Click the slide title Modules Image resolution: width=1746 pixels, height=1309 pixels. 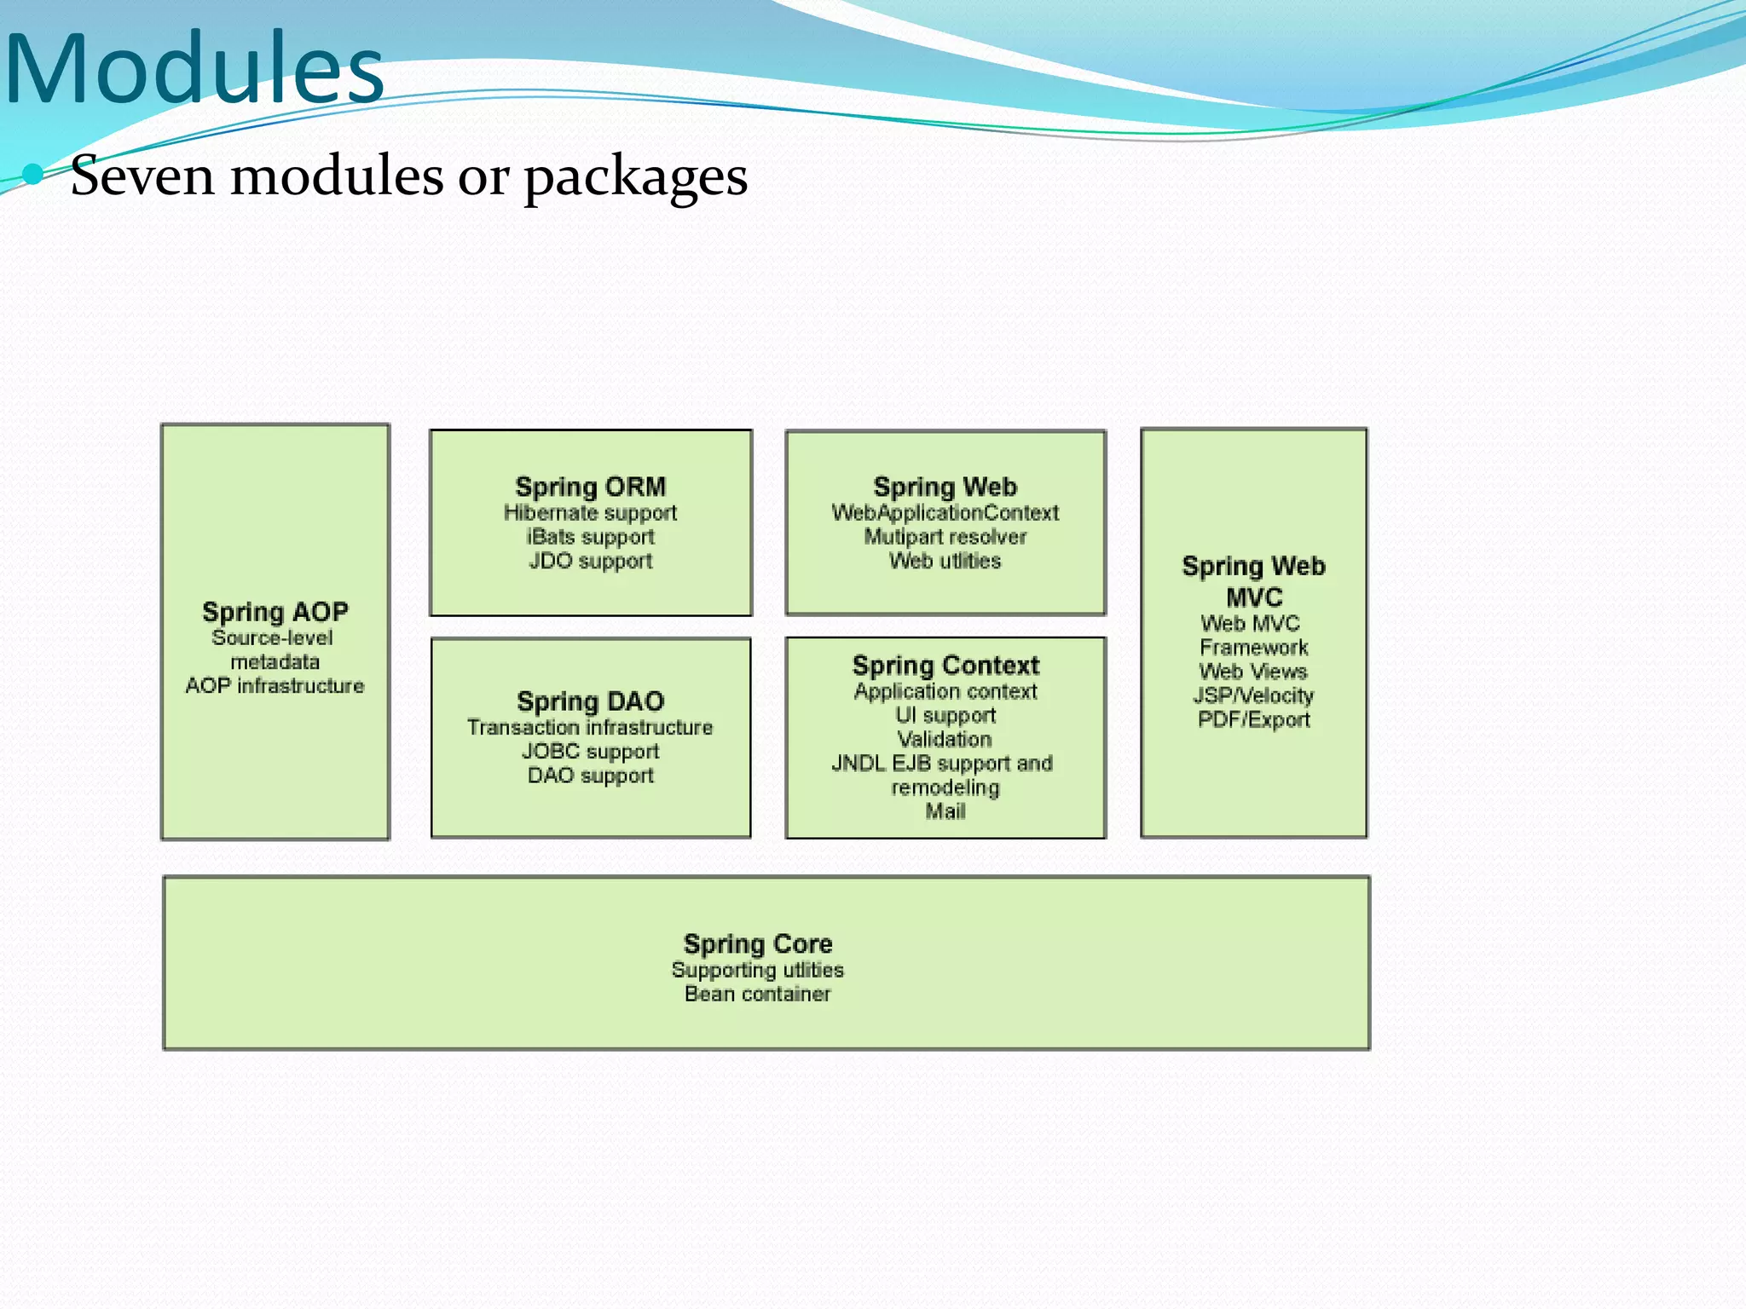click(194, 68)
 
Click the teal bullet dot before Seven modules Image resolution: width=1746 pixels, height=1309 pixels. click(33, 175)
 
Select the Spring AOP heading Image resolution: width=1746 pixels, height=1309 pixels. click(275, 611)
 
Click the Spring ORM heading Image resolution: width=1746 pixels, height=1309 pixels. click(590, 487)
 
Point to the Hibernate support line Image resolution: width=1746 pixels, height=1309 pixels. click(590, 513)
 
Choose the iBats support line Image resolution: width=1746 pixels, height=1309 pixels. click(590, 537)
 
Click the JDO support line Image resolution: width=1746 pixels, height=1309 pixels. click(590, 561)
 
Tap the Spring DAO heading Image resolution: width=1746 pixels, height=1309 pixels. click(590, 701)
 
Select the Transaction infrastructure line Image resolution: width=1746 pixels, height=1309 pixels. click(590, 727)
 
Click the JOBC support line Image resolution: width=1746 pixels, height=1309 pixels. click(590, 752)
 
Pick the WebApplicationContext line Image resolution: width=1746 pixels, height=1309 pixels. click(945, 513)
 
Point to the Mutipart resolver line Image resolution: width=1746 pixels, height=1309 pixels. click(945, 537)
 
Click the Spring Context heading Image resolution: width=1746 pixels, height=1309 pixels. click(945, 665)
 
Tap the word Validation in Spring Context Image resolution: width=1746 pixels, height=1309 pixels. click(945, 739)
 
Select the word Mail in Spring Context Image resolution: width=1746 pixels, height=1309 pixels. click(945, 811)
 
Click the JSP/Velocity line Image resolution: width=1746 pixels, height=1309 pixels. click(1253, 695)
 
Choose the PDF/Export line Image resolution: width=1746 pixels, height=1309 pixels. click(1253, 719)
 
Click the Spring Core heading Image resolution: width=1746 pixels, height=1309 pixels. click(757, 943)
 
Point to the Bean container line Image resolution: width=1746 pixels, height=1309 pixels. click(757, 994)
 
